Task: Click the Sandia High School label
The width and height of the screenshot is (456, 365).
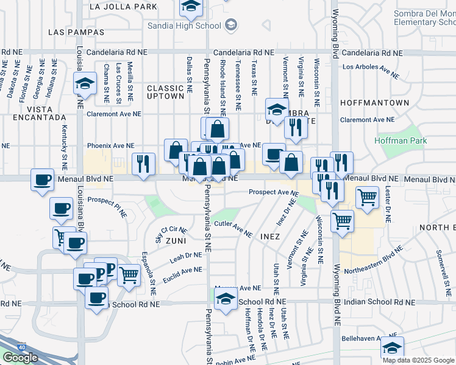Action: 183,26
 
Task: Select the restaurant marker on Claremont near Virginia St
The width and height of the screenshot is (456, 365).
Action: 296,128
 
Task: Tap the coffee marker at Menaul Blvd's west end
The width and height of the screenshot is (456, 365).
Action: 43,180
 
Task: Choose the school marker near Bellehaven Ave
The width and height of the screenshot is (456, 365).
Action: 392,348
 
